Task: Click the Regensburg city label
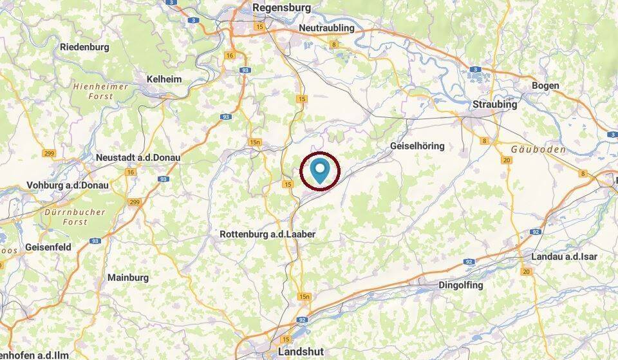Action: coord(282,8)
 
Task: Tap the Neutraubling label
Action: coord(327,29)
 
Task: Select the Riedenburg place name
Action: coord(84,47)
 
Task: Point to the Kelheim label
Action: coord(164,79)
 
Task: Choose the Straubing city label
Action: coord(494,104)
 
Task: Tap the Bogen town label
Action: coord(545,86)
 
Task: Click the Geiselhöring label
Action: coord(417,146)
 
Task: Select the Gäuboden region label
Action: coord(534,149)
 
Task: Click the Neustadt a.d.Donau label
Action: coord(138,157)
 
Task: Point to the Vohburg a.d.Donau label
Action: coord(68,185)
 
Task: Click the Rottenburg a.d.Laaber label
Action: coord(267,234)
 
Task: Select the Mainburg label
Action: coord(128,278)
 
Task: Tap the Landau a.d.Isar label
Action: coord(564,256)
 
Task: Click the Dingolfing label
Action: coord(460,285)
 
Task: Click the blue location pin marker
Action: coord(321,170)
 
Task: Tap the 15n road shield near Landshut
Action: coord(304,297)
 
